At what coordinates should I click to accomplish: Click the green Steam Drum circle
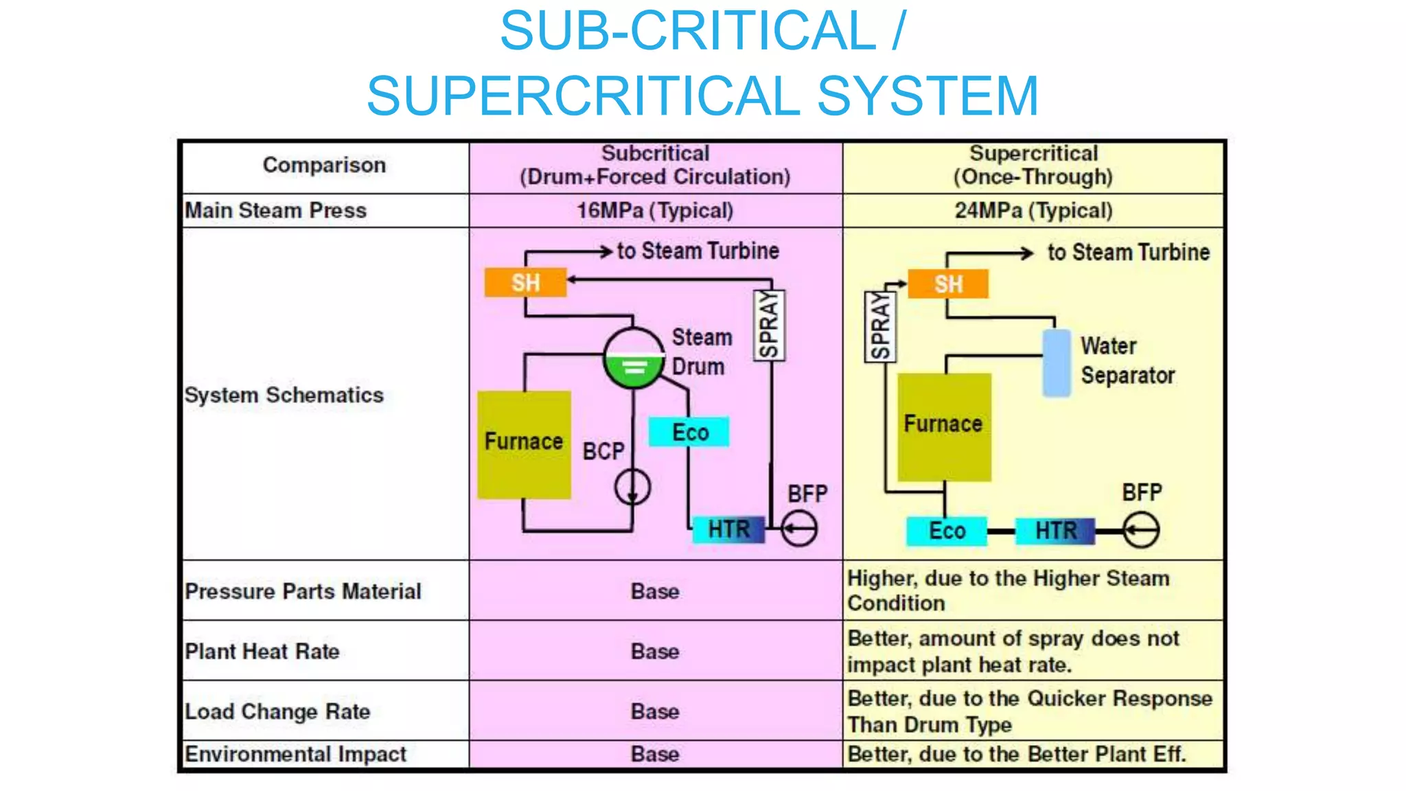[634, 358]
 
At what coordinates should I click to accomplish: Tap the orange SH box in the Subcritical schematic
[525, 282]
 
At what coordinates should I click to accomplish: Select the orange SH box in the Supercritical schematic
[948, 284]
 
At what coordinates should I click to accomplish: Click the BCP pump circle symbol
[632, 487]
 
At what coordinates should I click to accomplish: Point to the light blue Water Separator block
[1057, 363]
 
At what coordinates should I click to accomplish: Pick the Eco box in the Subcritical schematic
[689, 432]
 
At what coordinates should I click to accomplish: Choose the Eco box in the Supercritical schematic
[947, 531]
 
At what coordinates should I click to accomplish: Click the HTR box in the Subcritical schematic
[728, 529]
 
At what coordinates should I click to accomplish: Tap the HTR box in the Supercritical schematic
[1055, 531]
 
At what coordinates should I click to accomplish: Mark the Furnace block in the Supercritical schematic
[944, 426]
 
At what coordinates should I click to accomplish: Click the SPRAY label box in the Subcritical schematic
[769, 325]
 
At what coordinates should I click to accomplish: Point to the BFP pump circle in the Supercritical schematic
[1141, 531]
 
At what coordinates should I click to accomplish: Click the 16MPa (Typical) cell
[655, 210]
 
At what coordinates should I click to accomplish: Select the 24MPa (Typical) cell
[1033, 210]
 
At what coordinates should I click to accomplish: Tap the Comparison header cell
[324, 165]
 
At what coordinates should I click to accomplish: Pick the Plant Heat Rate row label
[262, 651]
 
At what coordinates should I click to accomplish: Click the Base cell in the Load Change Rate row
[655, 711]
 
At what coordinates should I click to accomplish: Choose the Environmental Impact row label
[295, 754]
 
